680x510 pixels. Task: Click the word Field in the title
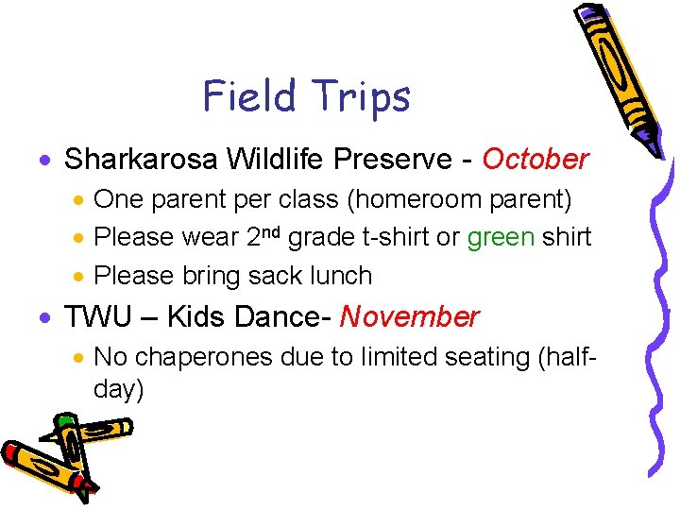pyautogui.click(x=244, y=95)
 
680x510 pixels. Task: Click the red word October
pyautogui.click(x=535, y=160)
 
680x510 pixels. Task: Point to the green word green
pyautogui.click(x=501, y=237)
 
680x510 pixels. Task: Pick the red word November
pyautogui.click(x=409, y=316)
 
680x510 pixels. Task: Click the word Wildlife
pyautogui.click(x=272, y=160)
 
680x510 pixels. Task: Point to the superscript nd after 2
pyautogui.click(x=271, y=231)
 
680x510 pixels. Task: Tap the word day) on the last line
pyautogui.click(x=118, y=389)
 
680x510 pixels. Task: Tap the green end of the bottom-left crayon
pyautogui.click(x=64, y=422)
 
